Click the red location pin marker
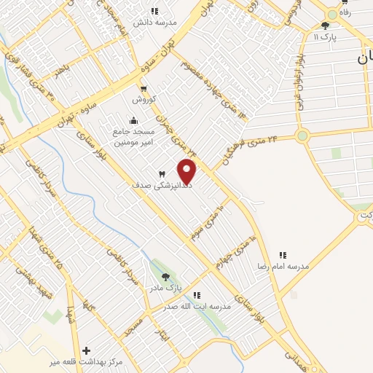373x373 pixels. [x=187, y=170]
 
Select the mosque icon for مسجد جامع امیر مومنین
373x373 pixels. [x=132, y=121]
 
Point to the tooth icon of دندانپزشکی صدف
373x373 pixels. [x=162, y=173]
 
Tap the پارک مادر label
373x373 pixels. [x=166, y=288]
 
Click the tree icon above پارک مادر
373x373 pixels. [x=166, y=277]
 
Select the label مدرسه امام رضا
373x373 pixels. [x=282, y=267]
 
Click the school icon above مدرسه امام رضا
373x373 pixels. [x=283, y=255]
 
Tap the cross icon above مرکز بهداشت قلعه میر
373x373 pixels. [x=87, y=350]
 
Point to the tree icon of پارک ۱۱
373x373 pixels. [x=325, y=25]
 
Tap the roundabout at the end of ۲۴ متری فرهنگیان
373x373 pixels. [x=302, y=135]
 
